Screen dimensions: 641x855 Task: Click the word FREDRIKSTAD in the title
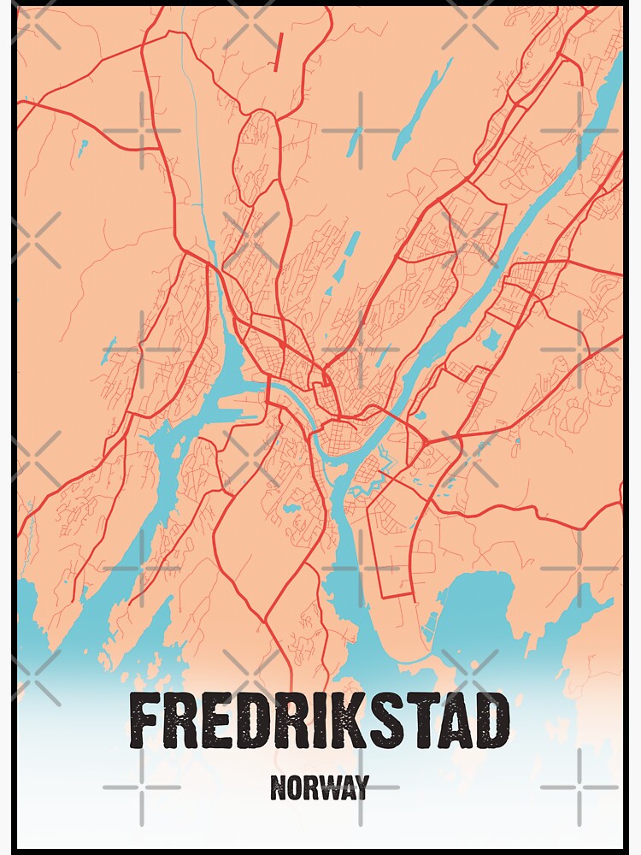[320, 721]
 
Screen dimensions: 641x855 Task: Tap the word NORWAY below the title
[320, 787]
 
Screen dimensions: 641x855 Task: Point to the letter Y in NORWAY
[362, 787]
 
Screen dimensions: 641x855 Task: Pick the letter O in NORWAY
[295, 787]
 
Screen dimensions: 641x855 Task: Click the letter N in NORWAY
[278, 787]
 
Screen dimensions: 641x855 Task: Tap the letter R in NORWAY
[310, 787]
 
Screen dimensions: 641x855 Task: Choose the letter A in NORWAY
[346, 787]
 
